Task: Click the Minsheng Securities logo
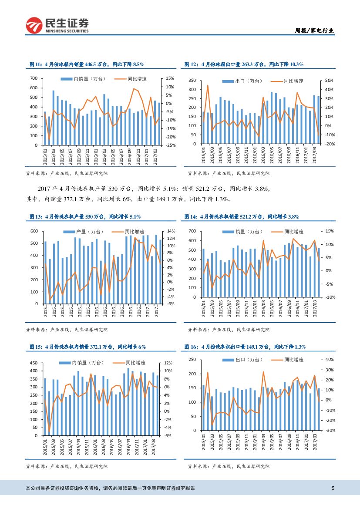[x=57, y=25]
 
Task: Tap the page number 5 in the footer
[x=333, y=488]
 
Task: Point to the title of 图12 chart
[x=244, y=64]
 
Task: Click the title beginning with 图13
[x=85, y=216]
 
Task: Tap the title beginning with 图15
[x=87, y=347]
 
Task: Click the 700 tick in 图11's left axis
[x=34, y=79]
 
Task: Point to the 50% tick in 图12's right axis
[x=329, y=81]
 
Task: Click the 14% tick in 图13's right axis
[x=171, y=231]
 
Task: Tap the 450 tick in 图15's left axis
[x=34, y=363]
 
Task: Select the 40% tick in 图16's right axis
[x=329, y=360]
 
